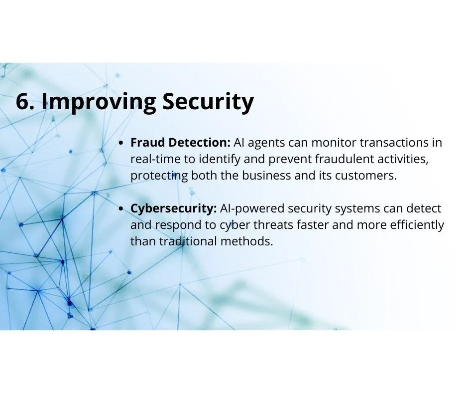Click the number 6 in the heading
tap(23, 101)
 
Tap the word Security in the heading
tap(208, 103)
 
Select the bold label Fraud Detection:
tap(180, 142)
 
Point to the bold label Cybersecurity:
tap(173, 209)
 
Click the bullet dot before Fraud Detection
tap(120, 143)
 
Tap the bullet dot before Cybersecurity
tap(120, 209)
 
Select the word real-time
tap(155, 159)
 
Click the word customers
tap(366, 176)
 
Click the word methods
tap(247, 241)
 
